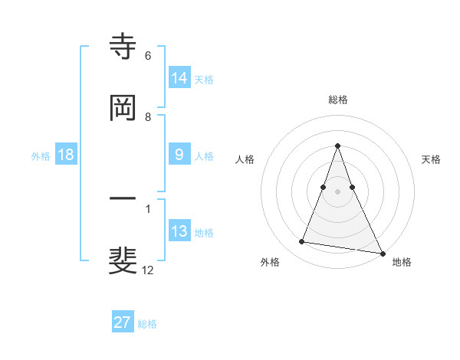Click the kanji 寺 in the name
click(x=123, y=47)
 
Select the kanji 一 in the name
click(x=123, y=199)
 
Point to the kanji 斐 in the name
click(x=123, y=260)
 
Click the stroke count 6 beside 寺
click(x=148, y=56)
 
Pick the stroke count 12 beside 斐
click(x=149, y=270)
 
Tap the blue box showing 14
click(x=179, y=78)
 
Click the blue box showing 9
click(x=179, y=155)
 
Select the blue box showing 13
click(x=179, y=231)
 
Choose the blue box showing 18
click(x=66, y=155)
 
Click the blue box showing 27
click(x=123, y=322)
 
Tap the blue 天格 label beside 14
click(x=204, y=79)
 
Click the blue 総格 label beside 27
click(x=147, y=323)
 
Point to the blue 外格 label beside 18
click(x=41, y=155)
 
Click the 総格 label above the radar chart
click(x=338, y=100)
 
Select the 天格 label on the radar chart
click(x=431, y=159)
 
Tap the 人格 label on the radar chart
click(x=245, y=159)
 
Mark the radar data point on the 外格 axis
click(x=302, y=242)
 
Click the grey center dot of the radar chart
click(x=337, y=191)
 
